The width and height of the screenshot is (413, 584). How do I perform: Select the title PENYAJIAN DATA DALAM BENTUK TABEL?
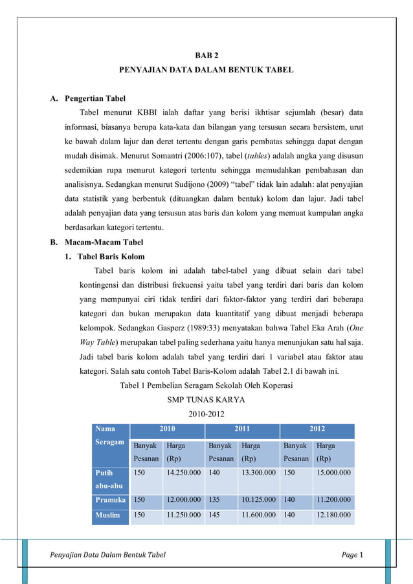(x=206, y=69)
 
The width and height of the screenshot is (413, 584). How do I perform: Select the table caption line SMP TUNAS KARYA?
(x=206, y=399)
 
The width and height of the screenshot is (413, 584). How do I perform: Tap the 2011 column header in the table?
(x=242, y=429)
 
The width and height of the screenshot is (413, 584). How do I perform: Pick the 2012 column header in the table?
(x=317, y=429)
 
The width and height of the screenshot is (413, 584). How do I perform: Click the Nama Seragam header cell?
(x=110, y=435)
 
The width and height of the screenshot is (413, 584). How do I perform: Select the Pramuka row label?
(x=111, y=500)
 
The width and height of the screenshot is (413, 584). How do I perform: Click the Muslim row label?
(x=108, y=515)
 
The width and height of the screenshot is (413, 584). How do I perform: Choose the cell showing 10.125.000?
(x=258, y=500)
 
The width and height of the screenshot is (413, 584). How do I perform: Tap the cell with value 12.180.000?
(x=333, y=515)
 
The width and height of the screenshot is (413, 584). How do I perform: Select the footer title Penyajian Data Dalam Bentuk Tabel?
(x=107, y=555)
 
